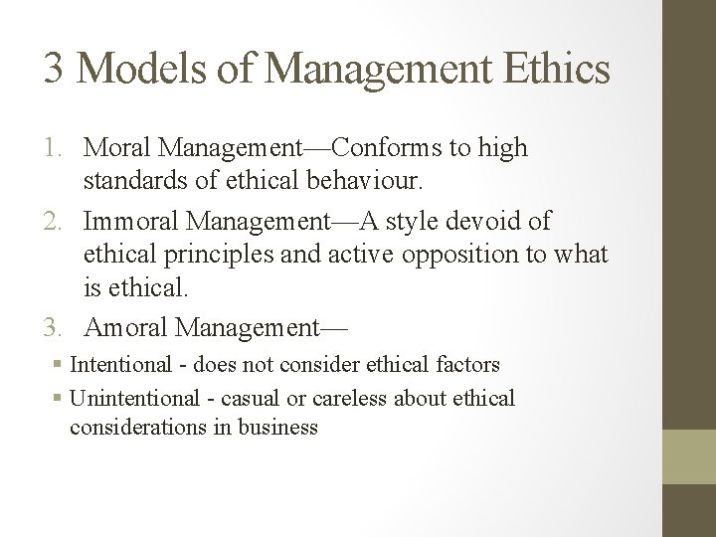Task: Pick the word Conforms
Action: [379, 149]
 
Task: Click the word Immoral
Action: [130, 221]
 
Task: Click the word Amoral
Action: [126, 325]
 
